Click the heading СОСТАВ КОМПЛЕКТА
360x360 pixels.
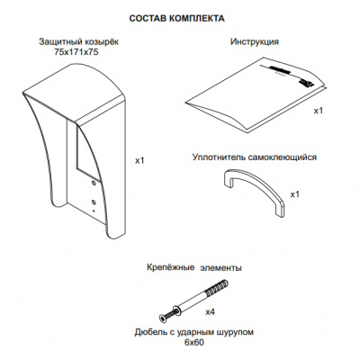(176, 19)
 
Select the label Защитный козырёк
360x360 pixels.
(79, 42)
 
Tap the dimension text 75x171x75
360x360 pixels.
(76, 52)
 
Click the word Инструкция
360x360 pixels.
(255, 41)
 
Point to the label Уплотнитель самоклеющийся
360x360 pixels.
(255, 157)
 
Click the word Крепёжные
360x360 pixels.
(171, 267)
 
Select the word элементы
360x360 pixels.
(220, 267)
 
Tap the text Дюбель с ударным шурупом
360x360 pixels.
(194, 332)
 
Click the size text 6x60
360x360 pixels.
(194, 342)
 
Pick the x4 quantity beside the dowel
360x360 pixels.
(210, 312)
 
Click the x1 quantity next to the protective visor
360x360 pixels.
(139, 160)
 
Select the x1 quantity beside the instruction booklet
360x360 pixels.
(319, 111)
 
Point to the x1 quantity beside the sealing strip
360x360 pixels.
(295, 194)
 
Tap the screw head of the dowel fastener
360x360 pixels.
(164, 319)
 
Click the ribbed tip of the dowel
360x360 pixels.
(218, 287)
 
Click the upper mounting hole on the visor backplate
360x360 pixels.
(93, 183)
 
